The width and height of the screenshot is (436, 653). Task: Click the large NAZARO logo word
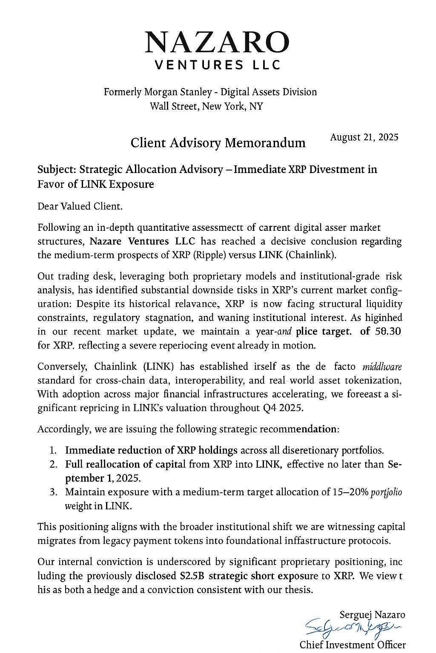coord(217,43)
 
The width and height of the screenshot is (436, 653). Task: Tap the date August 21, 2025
coord(364,137)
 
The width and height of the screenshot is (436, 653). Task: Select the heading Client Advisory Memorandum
coord(218,143)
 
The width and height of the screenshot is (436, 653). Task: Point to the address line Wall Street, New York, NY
coord(206,106)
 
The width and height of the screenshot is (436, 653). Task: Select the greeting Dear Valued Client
coord(80,207)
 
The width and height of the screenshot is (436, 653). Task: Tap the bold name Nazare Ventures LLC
coord(142,241)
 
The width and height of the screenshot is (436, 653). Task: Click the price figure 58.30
coord(386,332)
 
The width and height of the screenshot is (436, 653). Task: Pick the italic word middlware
coord(382,366)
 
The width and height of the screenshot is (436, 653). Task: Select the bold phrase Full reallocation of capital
coord(125,464)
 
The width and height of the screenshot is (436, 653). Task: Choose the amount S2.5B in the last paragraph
coord(190,576)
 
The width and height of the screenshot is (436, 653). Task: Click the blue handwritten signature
coord(353,627)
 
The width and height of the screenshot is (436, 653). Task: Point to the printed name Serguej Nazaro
coord(372,615)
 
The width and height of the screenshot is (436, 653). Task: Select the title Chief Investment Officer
coord(353,645)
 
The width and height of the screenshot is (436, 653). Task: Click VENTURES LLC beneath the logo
coord(217,65)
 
